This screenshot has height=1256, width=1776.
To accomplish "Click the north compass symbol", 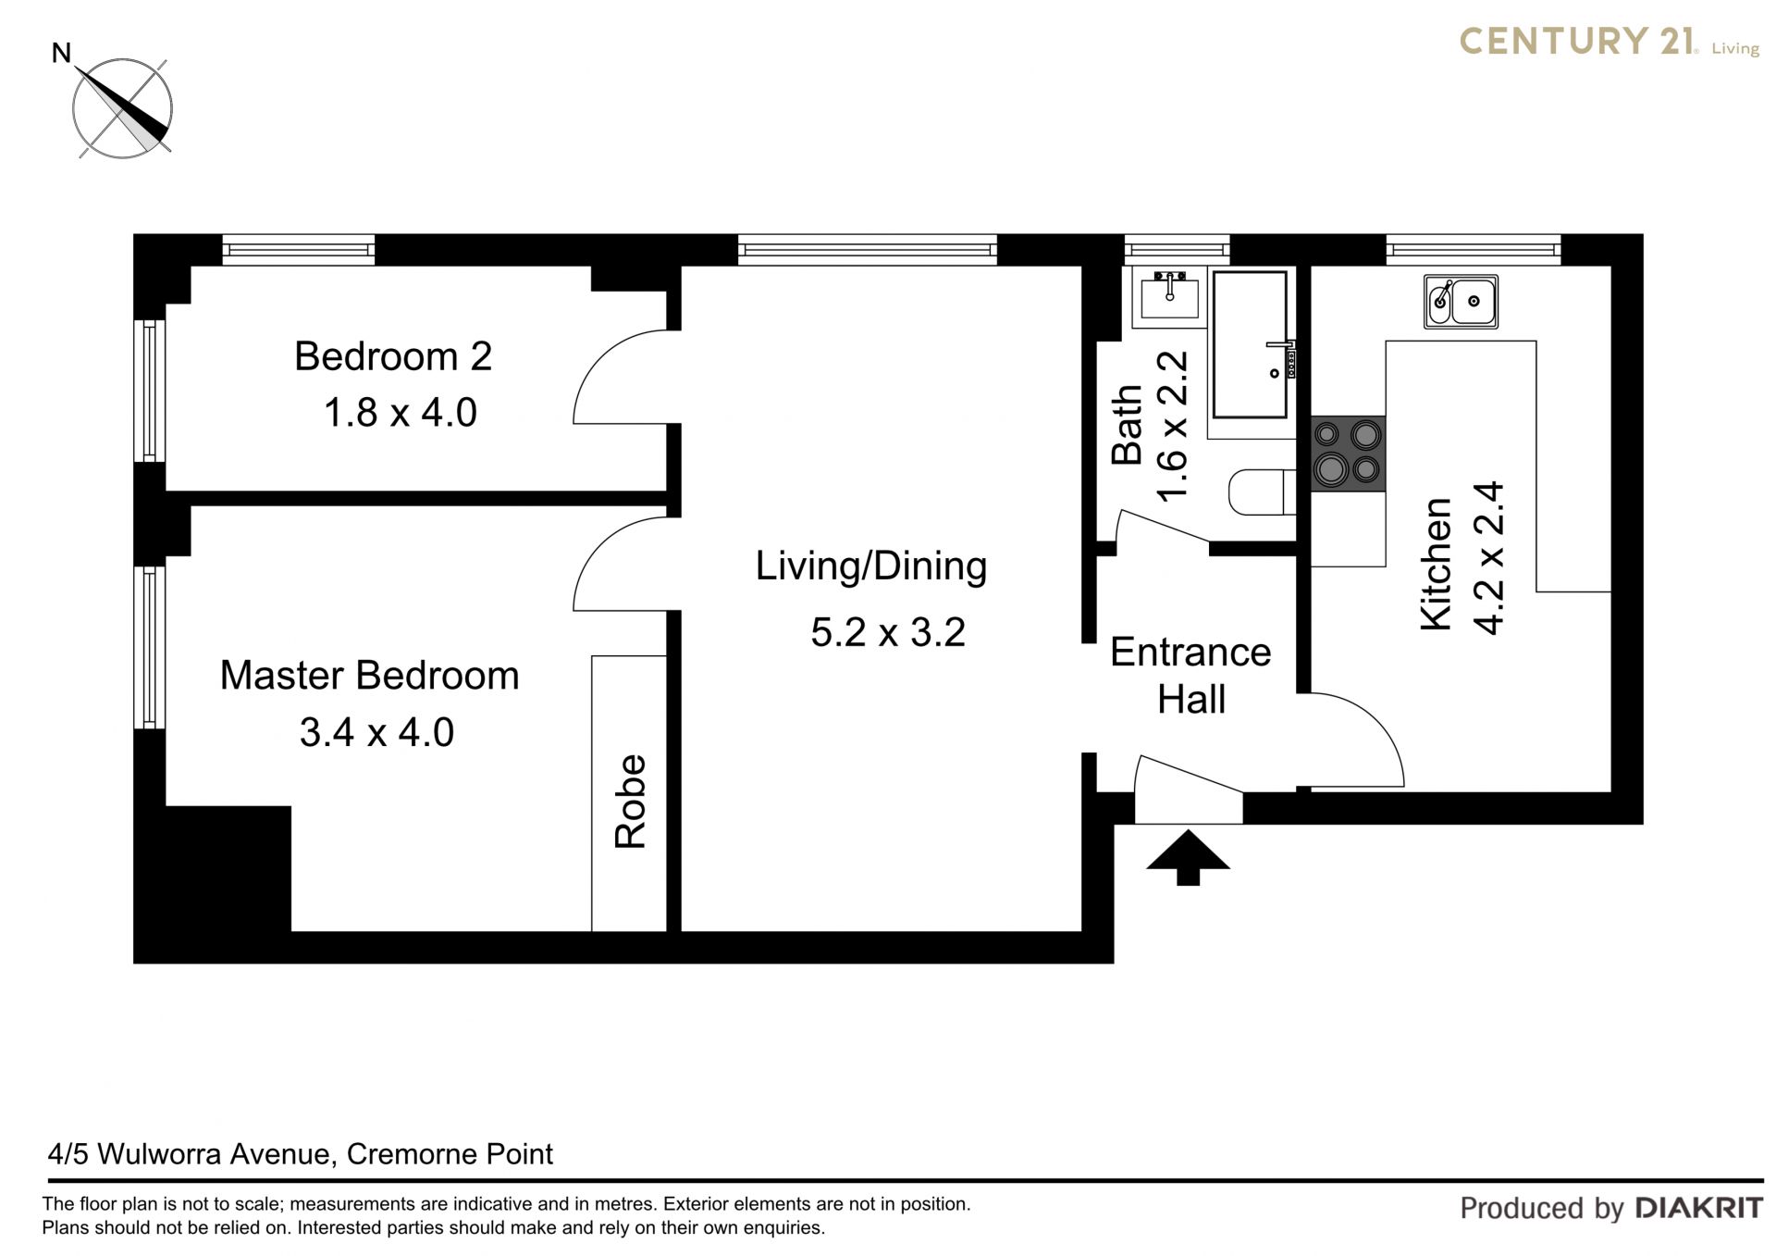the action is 121,107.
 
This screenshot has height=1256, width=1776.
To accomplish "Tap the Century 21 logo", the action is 1609,42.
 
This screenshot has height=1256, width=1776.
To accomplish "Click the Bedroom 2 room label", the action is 393,356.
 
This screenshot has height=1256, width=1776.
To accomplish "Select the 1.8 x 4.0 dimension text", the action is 400,413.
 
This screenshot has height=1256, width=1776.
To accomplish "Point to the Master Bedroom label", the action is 369,676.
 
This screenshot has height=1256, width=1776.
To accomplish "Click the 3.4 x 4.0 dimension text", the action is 376,732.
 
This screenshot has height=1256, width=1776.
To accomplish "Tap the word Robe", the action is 630,802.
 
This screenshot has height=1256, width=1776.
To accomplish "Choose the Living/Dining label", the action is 871,566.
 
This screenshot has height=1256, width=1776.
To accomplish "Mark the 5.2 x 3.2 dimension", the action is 888,633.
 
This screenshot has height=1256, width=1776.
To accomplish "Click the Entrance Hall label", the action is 1190,676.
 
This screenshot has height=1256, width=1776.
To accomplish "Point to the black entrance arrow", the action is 1188,858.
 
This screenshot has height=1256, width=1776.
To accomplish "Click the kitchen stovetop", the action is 1348,454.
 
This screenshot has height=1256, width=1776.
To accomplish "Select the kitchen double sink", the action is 1461,301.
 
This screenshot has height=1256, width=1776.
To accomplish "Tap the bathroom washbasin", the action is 1170,297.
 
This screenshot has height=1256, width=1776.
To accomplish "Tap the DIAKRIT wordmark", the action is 1699,1207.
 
